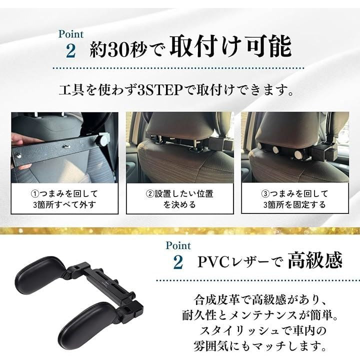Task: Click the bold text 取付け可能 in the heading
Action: [230, 46]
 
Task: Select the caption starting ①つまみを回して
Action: [64, 199]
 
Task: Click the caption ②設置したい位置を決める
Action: [180, 199]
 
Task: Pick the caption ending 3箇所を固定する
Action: [295, 199]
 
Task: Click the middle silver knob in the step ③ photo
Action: [275, 149]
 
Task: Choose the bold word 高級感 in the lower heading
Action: [315, 260]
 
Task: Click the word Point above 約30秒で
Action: [71, 34]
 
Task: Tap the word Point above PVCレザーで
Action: [178, 245]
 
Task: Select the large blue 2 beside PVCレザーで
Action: [178, 262]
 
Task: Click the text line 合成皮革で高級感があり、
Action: [260, 300]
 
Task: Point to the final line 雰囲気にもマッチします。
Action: [260, 346]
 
